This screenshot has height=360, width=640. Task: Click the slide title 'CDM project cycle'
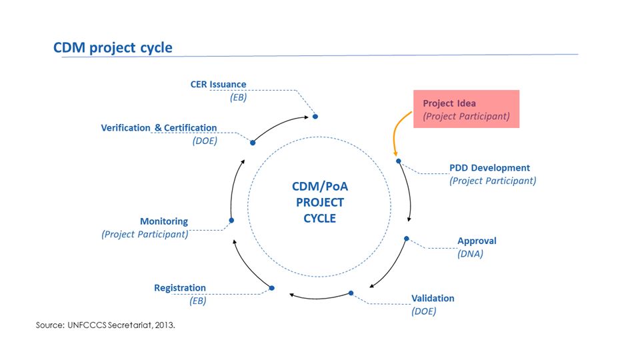pos(113,47)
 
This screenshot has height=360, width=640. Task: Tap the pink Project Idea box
pos(466,109)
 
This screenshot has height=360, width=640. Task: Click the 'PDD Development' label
pos(489,168)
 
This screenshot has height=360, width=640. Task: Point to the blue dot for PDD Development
pos(399,161)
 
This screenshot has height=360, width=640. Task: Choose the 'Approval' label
pos(477,241)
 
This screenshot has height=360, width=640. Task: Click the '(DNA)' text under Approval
pos(470,254)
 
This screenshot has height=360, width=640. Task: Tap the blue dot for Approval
pos(407,239)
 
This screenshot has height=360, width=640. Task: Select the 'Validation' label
pos(433,299)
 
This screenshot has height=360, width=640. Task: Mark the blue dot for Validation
pos(351,293)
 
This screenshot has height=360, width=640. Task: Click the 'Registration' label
pos(180,288)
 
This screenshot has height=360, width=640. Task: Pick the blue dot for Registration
pos(272,288)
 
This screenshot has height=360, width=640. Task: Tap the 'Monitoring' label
pos(164,221)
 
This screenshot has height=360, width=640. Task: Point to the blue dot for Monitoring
pos(231,221)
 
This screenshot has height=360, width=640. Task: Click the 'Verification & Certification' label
pos(159,128)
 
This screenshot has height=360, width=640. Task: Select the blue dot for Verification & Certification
pos(253,143)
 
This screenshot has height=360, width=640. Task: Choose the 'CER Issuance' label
pos(219,85)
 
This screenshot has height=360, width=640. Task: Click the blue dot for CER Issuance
pos(315,117)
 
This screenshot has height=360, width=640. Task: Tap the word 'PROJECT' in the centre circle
pos(320,203)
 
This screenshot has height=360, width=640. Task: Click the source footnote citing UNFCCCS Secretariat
pos(105,325)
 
